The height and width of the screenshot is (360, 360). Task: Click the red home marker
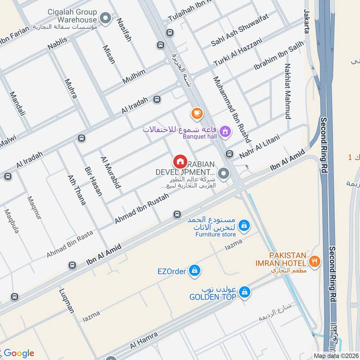click(x=180, y=161)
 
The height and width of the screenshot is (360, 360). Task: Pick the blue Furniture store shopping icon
click(x=243, y=225)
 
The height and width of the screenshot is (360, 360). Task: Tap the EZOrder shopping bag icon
click(x=194, y=270)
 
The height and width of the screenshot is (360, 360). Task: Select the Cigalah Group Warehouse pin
click(x=105, y=18)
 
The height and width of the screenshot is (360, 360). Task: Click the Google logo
click(x=18, y=353)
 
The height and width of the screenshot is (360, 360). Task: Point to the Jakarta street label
click(x=307, y=21)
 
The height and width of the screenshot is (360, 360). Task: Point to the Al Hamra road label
click(x=144, y=340)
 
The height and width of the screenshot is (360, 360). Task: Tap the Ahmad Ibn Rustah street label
click(x=141, y=209)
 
